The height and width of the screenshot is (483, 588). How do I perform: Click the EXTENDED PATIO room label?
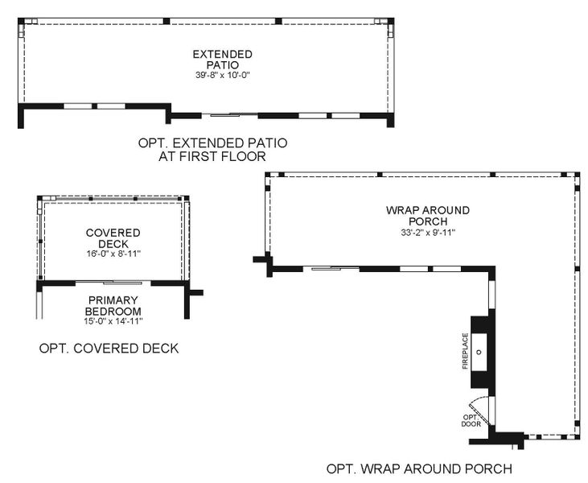point(211,60)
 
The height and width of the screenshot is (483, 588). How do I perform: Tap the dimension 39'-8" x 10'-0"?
point(211,76)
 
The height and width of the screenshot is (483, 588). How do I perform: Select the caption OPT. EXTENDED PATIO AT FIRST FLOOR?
point(212,150)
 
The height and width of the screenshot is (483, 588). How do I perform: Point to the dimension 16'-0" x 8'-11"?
point(113,255)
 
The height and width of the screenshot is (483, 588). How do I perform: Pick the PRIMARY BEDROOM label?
point(113,305)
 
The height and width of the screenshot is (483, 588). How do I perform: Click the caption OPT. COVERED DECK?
point(109,349)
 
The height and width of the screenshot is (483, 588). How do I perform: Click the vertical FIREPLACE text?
point(465,352)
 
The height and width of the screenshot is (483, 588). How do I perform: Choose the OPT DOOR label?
point(471,419)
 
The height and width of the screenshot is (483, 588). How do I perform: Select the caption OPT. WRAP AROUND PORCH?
point(418,468)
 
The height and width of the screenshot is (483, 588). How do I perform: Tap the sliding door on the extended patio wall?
point(228,114)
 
